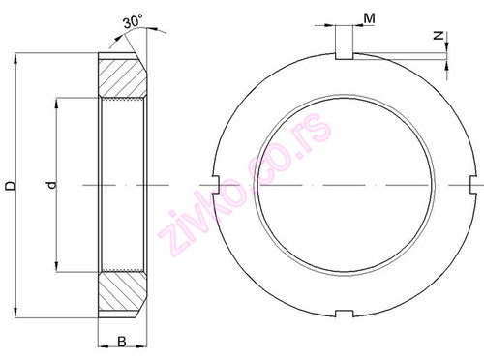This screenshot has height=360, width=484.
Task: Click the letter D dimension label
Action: (x=10, y=184)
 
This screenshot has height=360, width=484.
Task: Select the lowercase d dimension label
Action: (x=50, y=184)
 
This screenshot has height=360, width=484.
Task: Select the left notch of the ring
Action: (x=215, y=184)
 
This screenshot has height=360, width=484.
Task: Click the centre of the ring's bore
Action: (x=343, y=184)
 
